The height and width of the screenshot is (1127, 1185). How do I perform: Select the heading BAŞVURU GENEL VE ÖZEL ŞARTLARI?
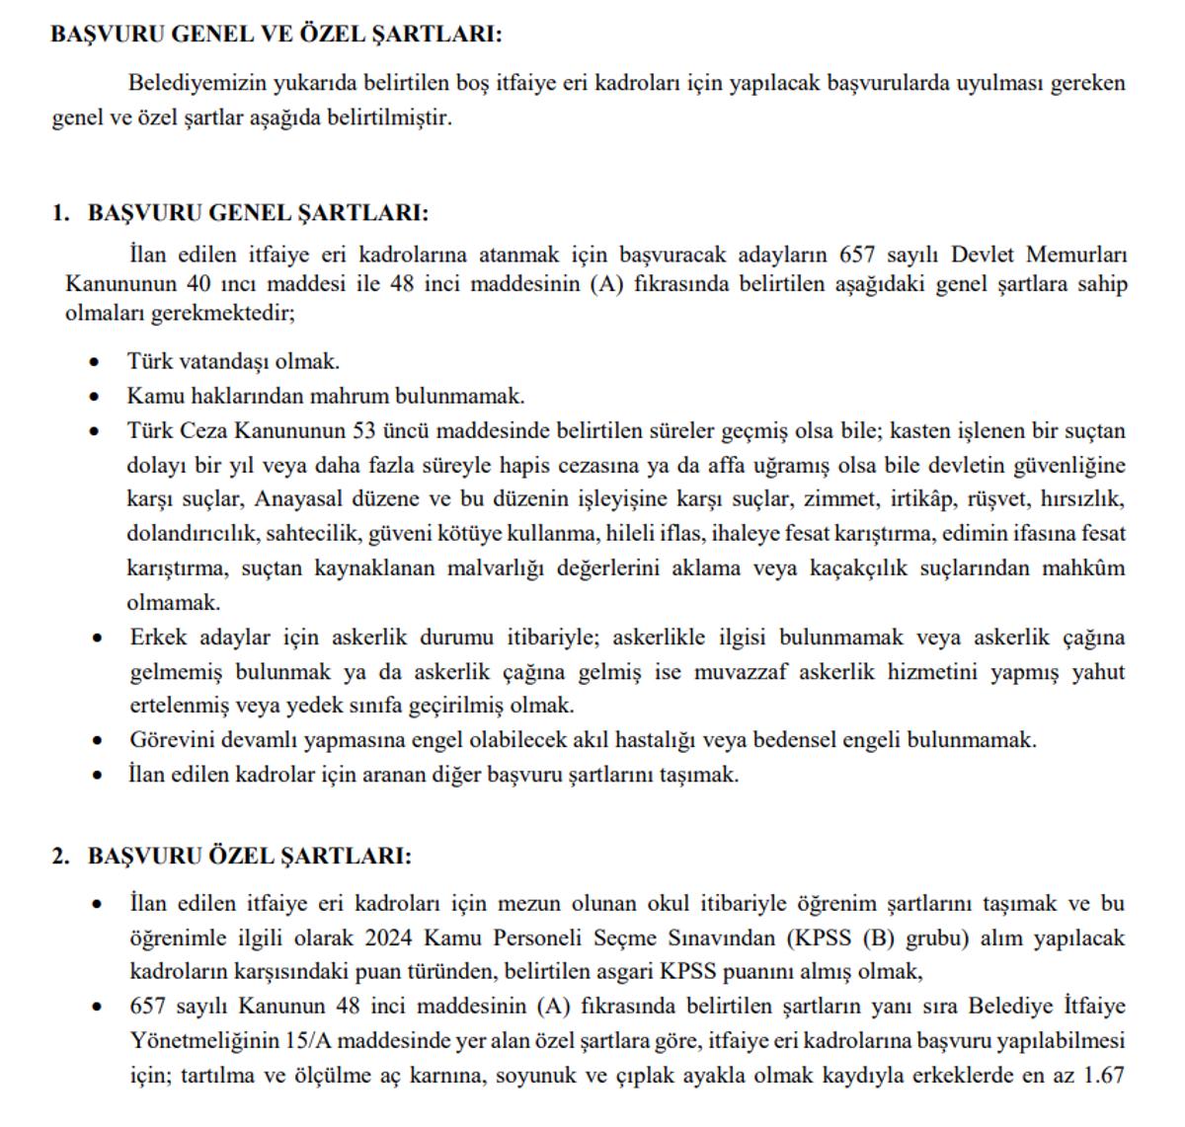tap(276, 34)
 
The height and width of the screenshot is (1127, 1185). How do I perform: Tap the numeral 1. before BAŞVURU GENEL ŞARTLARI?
tap(61, 213)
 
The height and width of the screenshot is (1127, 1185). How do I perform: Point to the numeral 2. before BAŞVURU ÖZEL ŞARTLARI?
tap(61, 856)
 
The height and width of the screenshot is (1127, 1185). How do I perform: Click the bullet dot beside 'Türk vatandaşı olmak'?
tap(95, 363)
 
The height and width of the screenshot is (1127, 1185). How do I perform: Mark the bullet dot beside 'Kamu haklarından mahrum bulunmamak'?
tap(95, 398)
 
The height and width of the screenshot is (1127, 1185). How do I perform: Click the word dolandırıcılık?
tap(192, 534)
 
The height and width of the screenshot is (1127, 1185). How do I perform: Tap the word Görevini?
tap(168, 739)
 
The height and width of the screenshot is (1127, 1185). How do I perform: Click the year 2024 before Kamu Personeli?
tap(388, 938)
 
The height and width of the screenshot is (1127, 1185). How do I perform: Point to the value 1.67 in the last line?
tap(1103, 1076)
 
